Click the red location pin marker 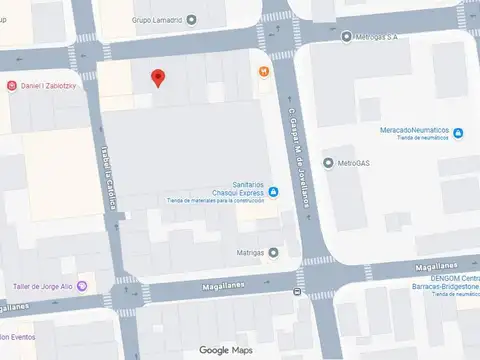(156, 79)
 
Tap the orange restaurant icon (263, 71)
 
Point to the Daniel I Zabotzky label (55, 86)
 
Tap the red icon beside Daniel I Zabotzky (11, 86)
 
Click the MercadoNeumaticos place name (421, 131)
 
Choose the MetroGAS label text (353, 162)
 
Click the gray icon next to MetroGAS (328, 162)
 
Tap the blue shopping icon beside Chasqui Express (274, 192)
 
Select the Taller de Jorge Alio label (43, 286)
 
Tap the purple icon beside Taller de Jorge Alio (82, 286)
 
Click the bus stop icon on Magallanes (297, 292)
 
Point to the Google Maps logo (226, 349)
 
